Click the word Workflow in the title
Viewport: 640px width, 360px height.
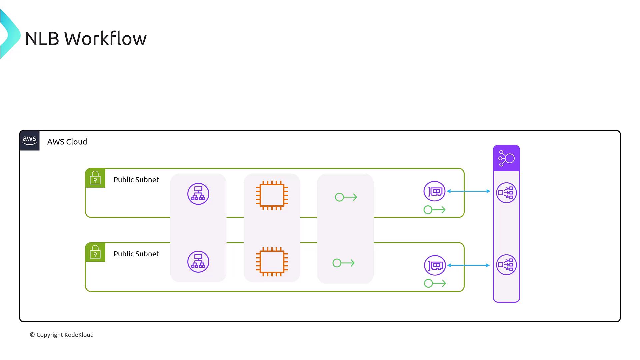(x=105, y=39)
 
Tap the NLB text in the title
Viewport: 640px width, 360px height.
(x=42, y=39)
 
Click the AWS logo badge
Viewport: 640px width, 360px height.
(x=29, y=141)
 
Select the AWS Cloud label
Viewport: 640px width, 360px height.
(x=67, y=142)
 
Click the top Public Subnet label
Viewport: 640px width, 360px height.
(x=136, y=180)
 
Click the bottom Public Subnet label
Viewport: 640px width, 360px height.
(x=136, y=254)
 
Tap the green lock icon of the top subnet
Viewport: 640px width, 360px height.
(x=95, y=178)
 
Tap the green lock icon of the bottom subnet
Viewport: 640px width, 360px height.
(x=95, y=252)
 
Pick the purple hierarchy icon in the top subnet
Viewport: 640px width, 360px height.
(x=198, y=194)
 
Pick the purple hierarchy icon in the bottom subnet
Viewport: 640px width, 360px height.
(x=198, y=262)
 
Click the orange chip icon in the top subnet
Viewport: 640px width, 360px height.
(x=272, y=195)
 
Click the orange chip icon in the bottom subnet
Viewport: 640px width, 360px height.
(x=272, y=262)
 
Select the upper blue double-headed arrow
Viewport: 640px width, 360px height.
(x=468, y=191)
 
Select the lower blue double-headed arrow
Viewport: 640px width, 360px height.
(x=468, y=265)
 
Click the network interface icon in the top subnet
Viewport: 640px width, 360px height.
(x=435, y=191)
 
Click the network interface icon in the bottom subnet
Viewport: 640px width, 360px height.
(x=435, y=265)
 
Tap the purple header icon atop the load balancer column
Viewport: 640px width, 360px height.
(x=506, y=158)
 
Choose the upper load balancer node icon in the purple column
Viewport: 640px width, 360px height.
(x=506, y=193)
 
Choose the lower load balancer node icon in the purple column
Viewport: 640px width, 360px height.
(x=506, y=265)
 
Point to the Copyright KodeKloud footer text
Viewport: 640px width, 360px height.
(x=62, y=335)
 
